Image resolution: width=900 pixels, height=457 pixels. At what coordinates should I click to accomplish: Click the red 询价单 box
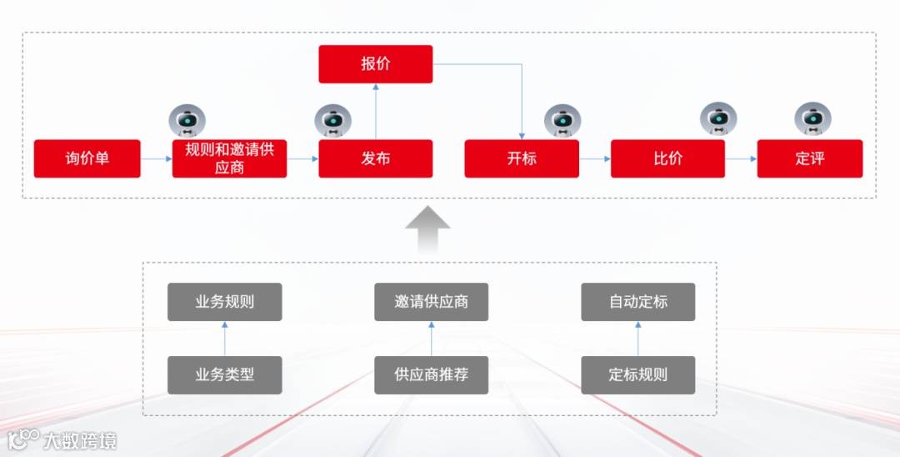(87, 158)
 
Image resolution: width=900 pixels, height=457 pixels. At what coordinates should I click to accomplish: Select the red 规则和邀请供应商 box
(229, 158)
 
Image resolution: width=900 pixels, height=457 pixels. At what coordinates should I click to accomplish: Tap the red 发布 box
(376, 158)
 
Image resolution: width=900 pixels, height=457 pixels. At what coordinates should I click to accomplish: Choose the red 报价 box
(376, 64)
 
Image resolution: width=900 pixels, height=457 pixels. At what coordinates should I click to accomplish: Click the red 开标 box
(522, 158)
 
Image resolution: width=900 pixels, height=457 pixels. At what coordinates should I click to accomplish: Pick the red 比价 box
(667, 158)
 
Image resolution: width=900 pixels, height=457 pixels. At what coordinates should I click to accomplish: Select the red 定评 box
(810, 158)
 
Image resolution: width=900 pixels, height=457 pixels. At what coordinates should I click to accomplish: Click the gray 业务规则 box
(225, 302)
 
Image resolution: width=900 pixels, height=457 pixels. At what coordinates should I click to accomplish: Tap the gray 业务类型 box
(225, 375)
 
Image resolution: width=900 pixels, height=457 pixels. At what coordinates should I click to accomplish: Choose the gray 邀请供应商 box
(431, 302)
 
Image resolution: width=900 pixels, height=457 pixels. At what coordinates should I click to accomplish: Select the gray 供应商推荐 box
(431, 375)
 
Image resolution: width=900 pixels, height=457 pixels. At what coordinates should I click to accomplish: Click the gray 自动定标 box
(637, 302)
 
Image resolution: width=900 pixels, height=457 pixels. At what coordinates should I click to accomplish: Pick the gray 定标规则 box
(637, 375)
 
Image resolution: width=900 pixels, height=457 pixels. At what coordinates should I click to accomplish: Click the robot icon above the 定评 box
(812, 119)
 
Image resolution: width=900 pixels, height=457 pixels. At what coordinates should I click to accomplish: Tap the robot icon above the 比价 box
(718, 119)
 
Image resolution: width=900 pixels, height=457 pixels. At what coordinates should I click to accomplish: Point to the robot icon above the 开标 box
(562, 121)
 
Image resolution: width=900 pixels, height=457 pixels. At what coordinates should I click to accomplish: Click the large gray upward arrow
(427, 228)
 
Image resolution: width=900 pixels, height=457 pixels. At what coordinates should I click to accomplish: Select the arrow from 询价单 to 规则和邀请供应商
(156, 158)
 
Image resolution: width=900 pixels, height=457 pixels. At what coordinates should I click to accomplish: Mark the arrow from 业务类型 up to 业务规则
(225, 339)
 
